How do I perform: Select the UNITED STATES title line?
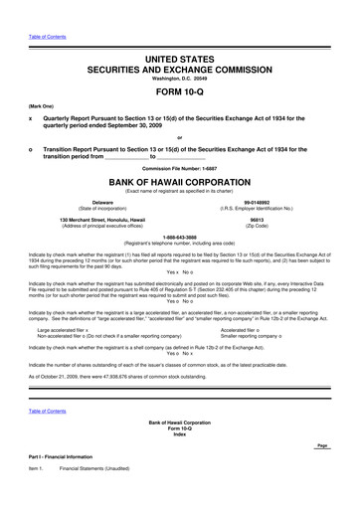pos(180,33)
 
